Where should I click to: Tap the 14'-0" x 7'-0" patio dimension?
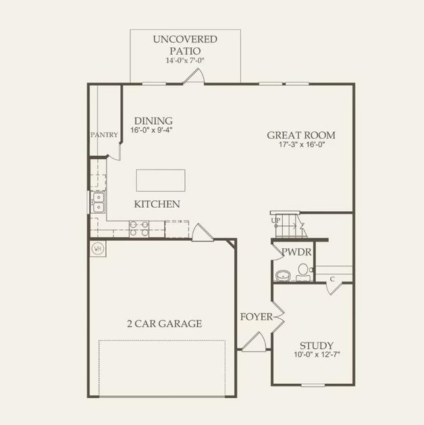tap(185, 61)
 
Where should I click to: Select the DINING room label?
tap(153, 121)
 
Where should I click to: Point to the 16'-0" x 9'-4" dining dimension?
tap(153, 131)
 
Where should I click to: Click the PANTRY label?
tap(105, 135)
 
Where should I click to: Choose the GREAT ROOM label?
tap(300, 135)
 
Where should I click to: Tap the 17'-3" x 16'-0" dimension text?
tap(300, 145)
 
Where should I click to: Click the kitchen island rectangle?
tap(160, 180)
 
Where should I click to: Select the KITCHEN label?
tap(157, 204)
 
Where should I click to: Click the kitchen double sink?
tap(99, 201)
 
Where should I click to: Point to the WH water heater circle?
tap(98, 248)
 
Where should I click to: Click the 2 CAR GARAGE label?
tap(164, 324)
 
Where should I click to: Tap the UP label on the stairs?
tap(276, 221)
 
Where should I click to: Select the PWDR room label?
tap(296, 252)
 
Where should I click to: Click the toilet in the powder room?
tap(303, 272)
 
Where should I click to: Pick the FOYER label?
tap(257, 316)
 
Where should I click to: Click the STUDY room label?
tap(316, 345)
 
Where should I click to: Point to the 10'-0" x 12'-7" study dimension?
tap(317, 356)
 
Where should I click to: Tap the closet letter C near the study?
tap(333, 278)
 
